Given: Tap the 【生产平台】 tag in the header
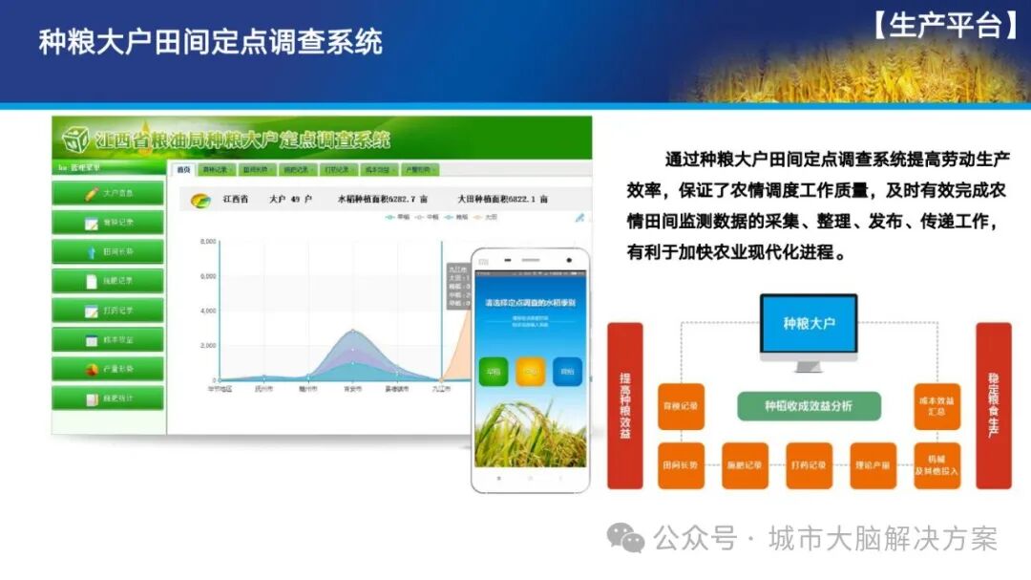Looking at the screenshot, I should click(946, 26).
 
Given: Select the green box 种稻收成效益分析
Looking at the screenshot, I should click(808, 406).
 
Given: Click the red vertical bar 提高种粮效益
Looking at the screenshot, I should click(625, 406).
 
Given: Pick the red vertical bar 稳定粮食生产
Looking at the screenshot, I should click(993, 406).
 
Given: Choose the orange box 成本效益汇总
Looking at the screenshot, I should click(936, 406).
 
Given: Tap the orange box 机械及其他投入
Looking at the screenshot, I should click(936, 466).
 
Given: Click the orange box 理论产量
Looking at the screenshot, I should click(872, 466).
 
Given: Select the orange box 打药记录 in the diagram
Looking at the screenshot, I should click(809, 466).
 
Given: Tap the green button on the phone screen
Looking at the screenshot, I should click(494, 372).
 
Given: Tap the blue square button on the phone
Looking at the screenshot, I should click(567, 372).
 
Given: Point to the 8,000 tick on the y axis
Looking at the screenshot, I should click(207, 243).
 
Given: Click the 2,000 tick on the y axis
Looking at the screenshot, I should click(207, 346).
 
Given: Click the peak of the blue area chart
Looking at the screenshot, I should click(353, 331).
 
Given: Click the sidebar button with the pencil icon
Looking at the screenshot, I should click(107, 194).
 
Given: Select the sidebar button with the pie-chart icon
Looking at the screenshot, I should click(107, 369).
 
